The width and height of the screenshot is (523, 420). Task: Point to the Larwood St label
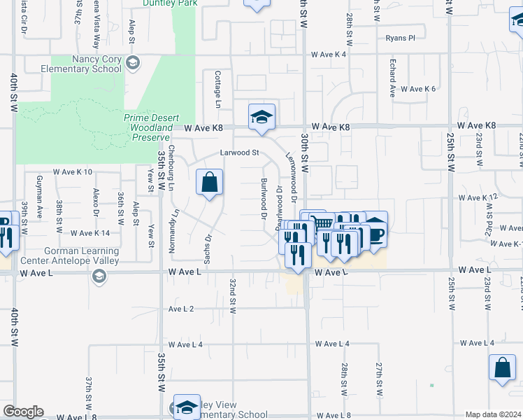[240, 152]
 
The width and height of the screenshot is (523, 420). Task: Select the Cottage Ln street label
[218, 89]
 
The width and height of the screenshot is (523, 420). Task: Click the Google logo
[23, 412]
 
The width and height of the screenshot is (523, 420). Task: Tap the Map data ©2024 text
[494, 414]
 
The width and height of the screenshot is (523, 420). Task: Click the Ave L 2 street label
[181, 309]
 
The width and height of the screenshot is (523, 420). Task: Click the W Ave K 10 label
[73, 171]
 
